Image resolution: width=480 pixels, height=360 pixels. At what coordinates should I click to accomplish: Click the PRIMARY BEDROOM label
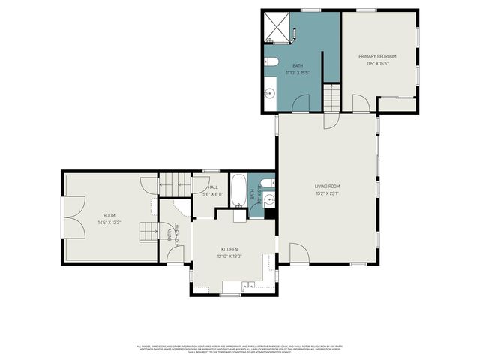(x=376, y=56)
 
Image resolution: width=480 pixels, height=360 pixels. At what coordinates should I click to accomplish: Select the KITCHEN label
(x=229, y=249)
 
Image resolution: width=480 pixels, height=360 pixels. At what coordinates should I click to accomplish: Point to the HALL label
(x=213, y=187)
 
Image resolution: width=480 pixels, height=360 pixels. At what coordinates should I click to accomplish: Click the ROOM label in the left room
(x=99, y=195)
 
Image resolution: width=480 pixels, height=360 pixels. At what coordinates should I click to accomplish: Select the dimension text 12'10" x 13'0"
(x=229, y=256)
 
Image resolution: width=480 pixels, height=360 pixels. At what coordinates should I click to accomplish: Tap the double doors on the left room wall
(x=70, y=217)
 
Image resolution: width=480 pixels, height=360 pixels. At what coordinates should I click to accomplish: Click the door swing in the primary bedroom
(x=361, y=103)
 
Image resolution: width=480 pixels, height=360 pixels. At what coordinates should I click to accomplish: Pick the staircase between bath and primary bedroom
(x=331, y=97)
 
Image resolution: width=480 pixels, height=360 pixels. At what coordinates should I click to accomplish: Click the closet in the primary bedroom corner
(x=397, y=104)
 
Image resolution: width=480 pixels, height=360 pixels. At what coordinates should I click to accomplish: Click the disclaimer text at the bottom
(x=239, y=349)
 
